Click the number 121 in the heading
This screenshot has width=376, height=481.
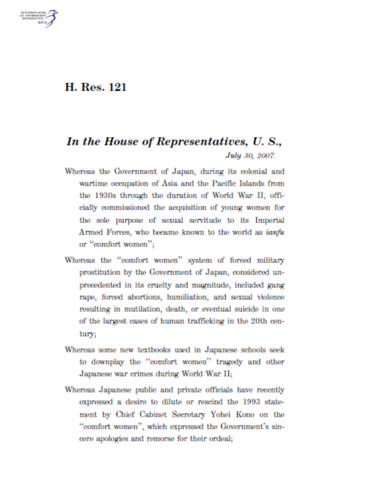pos(117,87)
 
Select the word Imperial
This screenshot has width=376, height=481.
pos(270,220)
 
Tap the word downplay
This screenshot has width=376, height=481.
pos(107,362)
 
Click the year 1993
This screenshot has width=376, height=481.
pos(251,402)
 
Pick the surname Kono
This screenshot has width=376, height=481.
pos(245,414)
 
